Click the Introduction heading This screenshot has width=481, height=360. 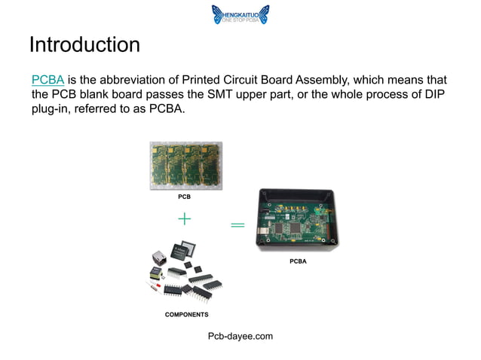tap(84, 44)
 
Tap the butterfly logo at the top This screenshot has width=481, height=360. tap(217, 14)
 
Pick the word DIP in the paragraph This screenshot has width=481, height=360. tap(431, 95)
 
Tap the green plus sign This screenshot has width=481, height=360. tap(185, 218)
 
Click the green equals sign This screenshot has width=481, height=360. tap(237, 225)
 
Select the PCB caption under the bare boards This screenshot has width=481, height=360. tap(184, 197)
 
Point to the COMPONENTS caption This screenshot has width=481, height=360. tap(186, 314)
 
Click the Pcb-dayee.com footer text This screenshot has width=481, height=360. tap(240, 335)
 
